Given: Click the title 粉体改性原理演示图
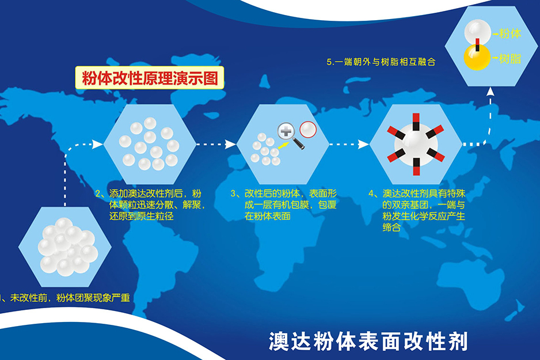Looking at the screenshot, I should click(x=150, y=78).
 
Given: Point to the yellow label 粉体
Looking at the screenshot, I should click(x=511, y=34).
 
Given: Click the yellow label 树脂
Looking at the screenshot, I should click(x=511, y=59).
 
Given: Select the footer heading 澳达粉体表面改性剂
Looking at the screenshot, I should click(x=368, y=341).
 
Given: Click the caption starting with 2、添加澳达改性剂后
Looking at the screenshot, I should click(x=149, y=204).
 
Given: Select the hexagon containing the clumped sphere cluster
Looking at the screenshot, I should click(x=64, y=247).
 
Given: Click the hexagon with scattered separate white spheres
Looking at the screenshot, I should click(x=149, y=143).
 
